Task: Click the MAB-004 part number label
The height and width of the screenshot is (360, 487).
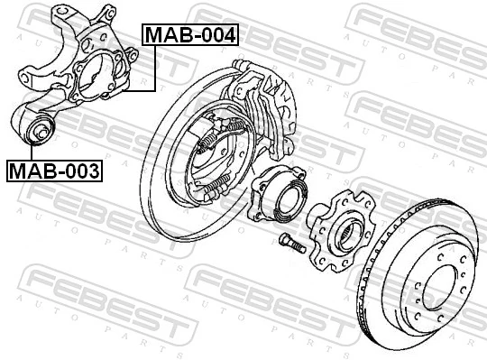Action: pos(190,36)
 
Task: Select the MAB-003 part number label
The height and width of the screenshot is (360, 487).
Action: pos(55,169)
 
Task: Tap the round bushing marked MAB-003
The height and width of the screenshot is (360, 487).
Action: pos(40,131)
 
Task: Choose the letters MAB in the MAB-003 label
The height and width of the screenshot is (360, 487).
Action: pos(34,169)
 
